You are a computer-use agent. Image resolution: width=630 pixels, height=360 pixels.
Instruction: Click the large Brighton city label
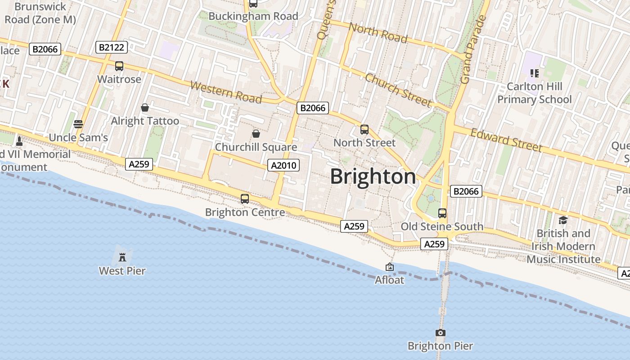coord(373,176)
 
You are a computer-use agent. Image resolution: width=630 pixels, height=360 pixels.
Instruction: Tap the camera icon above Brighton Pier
coord(441,333)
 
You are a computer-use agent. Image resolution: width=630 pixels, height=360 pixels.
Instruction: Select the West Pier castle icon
coord(122,257)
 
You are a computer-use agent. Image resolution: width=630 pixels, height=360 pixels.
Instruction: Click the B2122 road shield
coord(112,47)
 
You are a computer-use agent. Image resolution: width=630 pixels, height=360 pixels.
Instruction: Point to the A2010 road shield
coord(283,165)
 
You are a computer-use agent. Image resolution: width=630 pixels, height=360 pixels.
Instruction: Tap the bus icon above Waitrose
coord(119,66)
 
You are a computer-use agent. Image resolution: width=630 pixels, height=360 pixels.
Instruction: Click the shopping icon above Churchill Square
coord(256,134)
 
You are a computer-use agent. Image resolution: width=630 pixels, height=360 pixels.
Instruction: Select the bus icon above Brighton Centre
coord(245,198)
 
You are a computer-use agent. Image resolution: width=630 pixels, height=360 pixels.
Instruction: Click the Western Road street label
coord(225,92)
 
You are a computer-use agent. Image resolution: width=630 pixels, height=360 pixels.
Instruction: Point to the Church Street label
coord(398,90)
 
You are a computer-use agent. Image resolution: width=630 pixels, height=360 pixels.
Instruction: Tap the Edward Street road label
coord(506,140)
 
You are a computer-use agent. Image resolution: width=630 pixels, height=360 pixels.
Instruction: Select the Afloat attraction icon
coord(390,267)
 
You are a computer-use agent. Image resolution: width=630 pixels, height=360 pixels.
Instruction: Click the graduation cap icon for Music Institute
coord(563,220)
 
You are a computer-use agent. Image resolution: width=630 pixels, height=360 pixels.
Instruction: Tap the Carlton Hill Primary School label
coord(534,93)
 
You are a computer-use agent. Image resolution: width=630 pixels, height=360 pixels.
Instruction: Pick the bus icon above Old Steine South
coord(442,213)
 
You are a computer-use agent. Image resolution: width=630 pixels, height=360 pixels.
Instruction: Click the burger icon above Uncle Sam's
coord(78,124)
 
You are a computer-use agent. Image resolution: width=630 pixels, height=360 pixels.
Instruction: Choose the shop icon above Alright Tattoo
coord(145,108)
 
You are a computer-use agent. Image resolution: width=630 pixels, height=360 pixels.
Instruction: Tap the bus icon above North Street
coord(364,130)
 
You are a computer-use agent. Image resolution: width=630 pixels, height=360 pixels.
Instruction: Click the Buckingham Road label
coord(253,16)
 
